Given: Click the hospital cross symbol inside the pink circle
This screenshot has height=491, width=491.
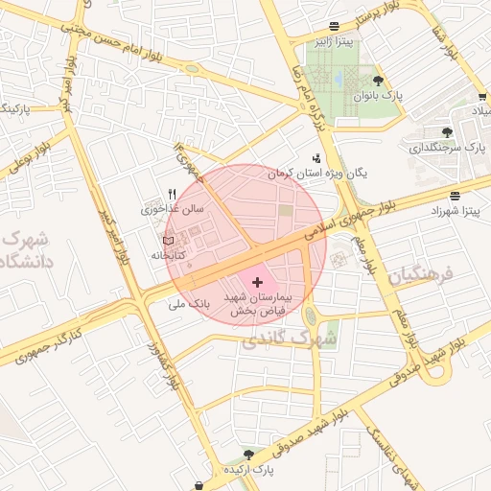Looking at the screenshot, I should (257, 282).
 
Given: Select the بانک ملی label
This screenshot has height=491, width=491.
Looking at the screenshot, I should (188, 304).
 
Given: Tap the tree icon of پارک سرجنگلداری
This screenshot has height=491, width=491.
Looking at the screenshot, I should (447, 132).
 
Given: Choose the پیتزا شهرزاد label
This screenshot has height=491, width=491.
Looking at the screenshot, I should (459, 208).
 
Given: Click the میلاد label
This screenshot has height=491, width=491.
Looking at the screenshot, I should (475, 112).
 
